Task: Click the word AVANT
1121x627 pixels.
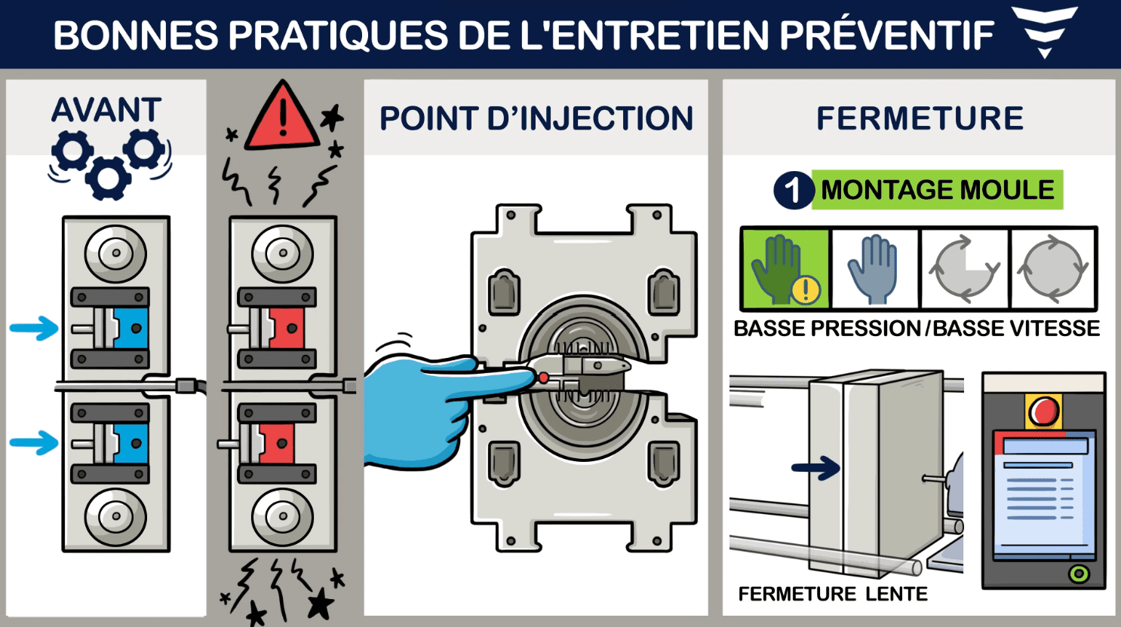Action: click(x=106, y=111)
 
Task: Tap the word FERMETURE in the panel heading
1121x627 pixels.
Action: click(x=920, y=119)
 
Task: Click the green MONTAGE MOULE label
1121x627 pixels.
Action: click(x=937, y=190)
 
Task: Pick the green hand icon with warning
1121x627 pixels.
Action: click(x=785, y=269)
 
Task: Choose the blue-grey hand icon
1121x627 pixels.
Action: click(x=874, y=269)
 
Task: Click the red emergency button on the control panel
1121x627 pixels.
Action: click(x=1044, y=411)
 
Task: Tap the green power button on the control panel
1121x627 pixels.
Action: click(x=1079, y=574)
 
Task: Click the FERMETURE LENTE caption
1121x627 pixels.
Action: click(x=833, y=594)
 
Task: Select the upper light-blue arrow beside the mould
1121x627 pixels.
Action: click(x=34, y=329)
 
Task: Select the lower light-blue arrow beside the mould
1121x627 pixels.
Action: click(x=34, y=442)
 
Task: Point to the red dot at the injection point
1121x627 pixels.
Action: click(x=543, y=378)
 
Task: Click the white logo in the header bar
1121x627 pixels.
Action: click(x=1044, y=30)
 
